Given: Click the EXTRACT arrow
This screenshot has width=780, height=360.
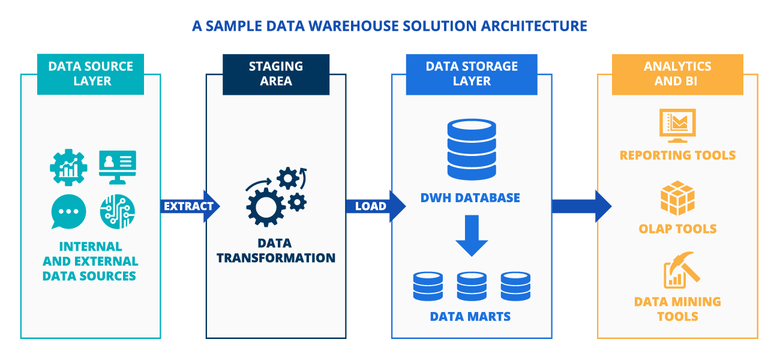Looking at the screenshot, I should [x=189, y=206].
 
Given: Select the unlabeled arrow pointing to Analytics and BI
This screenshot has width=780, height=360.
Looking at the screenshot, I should [x=579, y=206].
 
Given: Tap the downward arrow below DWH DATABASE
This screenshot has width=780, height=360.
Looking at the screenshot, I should [x=472, y=236].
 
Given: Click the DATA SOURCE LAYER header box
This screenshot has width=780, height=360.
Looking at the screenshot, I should [x=91, y=74].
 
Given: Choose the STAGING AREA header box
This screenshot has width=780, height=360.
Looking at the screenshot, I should [x=276, y=74].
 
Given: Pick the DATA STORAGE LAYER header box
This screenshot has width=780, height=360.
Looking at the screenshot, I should [x=472, y=74].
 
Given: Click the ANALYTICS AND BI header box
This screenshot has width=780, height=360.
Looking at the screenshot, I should [x=677, y=74].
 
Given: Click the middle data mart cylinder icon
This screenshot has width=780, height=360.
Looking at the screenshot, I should [x=472, y=286].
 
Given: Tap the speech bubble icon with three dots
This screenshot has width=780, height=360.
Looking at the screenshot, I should [x=68, y=212].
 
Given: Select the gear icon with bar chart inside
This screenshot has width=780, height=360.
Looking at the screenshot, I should [x=68, y=166].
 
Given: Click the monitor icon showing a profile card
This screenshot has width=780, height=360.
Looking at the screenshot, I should [x=118, y=166].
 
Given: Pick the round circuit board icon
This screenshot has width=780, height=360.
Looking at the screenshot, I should [x=118, y=212].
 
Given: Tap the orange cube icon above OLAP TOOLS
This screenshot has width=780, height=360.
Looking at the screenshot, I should [x=677, y=197].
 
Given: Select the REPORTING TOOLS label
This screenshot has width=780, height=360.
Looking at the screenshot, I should [x=677, y=155].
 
